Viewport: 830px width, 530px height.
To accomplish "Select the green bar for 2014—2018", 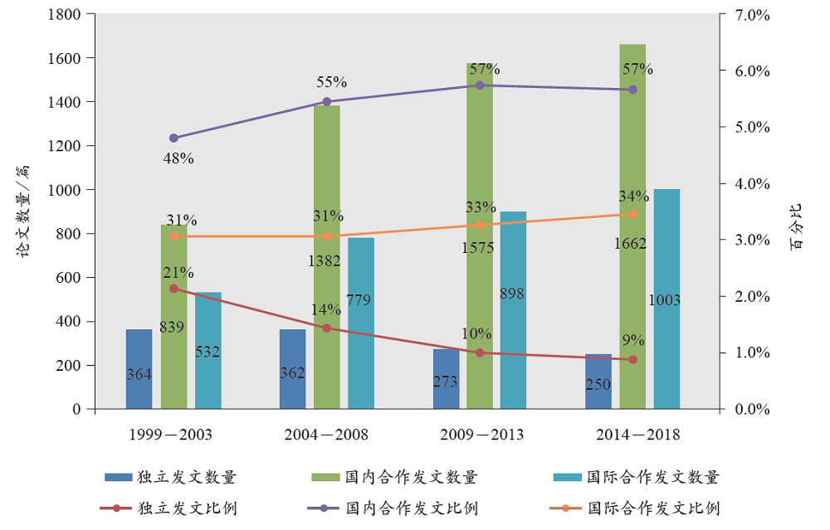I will pyautogui.click(x=632, y=166).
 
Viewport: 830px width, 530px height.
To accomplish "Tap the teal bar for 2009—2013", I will pyautogui.click(x=513, y=348).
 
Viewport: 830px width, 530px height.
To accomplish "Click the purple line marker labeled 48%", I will pyautogui.click(x=173, y=138).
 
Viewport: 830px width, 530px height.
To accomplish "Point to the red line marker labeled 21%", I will pyautogui.click(x=173, y=289).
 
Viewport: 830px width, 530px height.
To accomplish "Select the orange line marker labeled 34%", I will pyautogui.click(x=632, y=214).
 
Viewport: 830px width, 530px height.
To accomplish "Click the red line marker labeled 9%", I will pyautogui.click(x=632, y=359).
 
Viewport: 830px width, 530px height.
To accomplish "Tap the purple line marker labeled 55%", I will pyautogui.click(x=327, y=102).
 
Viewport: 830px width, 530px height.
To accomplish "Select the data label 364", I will pyautogui.click(x=139, y=375).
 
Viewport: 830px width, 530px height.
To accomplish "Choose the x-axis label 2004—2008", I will pyautogui.click(x=326, y=435).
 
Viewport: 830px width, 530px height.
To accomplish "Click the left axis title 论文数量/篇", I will pyautogui.click(x=25, y=212).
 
